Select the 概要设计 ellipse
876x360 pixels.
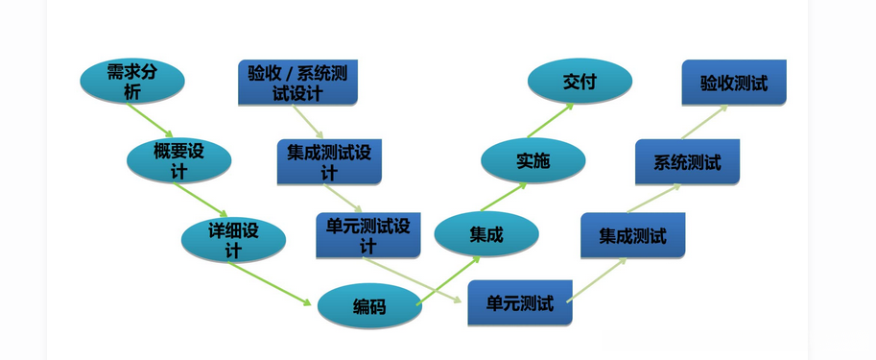click(x=178, y=160)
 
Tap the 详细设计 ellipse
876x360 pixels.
click(x=233, y=239)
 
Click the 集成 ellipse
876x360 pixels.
click(x=486, y=234)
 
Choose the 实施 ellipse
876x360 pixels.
click(x=533, y=160)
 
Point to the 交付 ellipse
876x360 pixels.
click(x=580, y=82)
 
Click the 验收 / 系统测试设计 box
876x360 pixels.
click(x=297, y=83)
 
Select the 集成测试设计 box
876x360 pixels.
click(x=329, y=162)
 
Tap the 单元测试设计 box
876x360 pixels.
click(x=367, y=235)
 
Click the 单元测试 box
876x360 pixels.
click(x=520, y=303)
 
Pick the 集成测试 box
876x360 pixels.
click(x=632, y=235)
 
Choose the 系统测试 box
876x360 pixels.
click(x=687, y=161)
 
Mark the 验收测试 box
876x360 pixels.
click(x=734, y=83)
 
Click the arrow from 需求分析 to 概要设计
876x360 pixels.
click(x=150, y=119)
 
